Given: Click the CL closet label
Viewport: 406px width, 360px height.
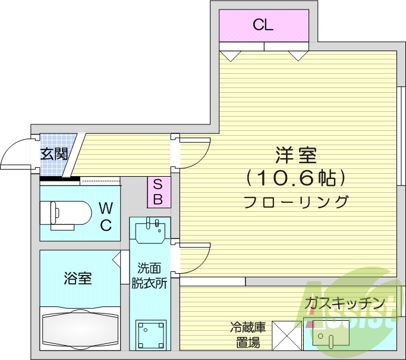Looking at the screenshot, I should pos(263,25).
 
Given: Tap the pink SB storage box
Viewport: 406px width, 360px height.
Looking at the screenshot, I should pos(158,192).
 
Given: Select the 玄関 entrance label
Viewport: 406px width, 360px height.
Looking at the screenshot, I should pos(53,154).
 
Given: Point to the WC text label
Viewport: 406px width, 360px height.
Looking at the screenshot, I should pos(105,216).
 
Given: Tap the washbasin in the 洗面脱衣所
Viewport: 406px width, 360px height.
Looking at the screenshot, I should pos(150,230).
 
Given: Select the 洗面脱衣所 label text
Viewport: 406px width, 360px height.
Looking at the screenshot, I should pos(149,275).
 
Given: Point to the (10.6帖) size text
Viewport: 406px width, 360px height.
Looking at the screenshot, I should pos(295,177).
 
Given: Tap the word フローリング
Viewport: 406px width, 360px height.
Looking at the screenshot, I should pos(295,201).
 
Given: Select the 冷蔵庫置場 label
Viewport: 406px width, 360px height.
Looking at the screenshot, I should pos(246,334).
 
